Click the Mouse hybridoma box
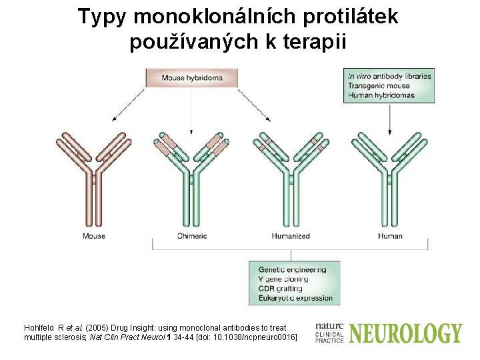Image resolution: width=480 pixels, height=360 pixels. click(192, 78)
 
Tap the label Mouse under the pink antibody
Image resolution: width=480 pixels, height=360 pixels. click(94, 236)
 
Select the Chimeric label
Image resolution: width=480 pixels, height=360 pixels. click(192, 236)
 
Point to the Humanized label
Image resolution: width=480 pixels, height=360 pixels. click(291, 236)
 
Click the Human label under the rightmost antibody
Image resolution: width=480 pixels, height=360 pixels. click(390, 236)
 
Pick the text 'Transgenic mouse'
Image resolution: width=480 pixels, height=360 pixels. click(379, 85)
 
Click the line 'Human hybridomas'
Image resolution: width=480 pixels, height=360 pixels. click(381, 95)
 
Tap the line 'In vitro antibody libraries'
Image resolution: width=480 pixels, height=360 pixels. click(389, 76)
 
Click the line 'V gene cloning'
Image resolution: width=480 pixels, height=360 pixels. click(283, 279)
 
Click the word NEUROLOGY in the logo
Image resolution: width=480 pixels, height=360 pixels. click(405, 333)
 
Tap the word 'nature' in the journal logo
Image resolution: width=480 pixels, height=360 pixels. click(329, 326)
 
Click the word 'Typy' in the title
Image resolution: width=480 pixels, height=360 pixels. click(101, 17)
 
